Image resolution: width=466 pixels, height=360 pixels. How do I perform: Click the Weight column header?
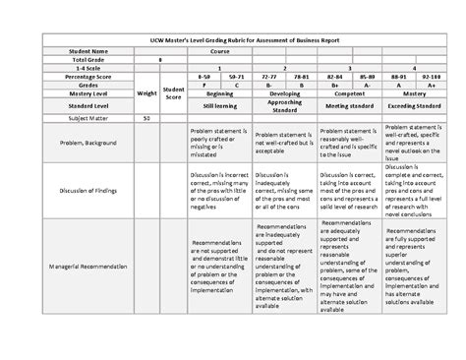[x=146, y=95]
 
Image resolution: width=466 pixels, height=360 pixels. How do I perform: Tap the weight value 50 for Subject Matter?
[x=146, y=117]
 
